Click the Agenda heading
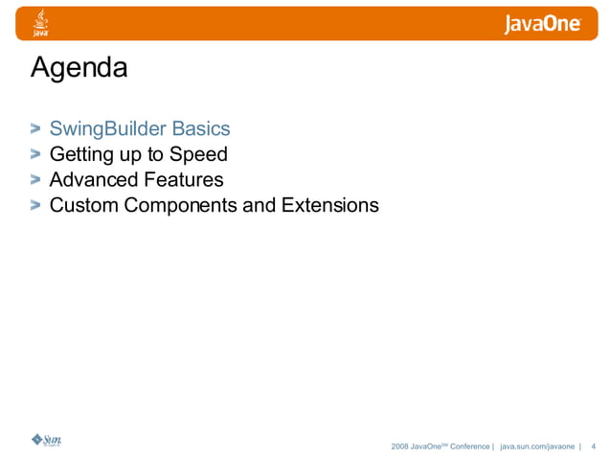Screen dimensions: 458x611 tap(79, 69)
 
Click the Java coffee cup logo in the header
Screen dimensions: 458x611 tap(41, 23)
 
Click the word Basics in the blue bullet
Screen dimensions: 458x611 tap(200, 127)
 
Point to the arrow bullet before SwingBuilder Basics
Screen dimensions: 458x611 tap(35, 127)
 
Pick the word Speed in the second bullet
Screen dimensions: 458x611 tap(199, 153)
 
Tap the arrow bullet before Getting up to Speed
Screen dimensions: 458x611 tap(35, 153)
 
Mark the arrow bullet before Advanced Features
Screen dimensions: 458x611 tap(35, 179)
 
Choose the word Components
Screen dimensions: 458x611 tap(177, 205)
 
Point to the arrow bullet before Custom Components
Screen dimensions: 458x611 tap(35, 205)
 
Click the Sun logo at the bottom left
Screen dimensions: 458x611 tap(46, 440)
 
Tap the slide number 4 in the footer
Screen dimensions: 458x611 tap(594, 447)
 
